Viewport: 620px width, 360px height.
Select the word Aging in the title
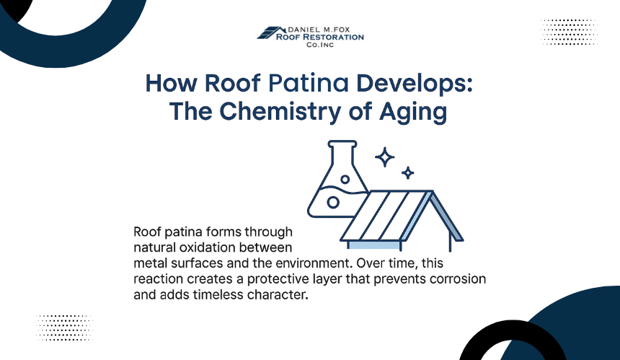413,113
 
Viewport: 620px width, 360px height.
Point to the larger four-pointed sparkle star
384,157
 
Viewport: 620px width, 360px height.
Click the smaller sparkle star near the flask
407,173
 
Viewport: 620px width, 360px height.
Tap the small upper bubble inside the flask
345,179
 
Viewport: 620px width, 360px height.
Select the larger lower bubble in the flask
333,203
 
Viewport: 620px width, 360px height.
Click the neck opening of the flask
342,144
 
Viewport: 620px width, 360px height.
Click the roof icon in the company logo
271,33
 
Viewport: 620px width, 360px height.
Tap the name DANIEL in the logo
303,30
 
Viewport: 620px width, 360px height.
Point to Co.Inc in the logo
320,45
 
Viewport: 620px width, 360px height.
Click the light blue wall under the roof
374,245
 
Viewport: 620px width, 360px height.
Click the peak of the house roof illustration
432,191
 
